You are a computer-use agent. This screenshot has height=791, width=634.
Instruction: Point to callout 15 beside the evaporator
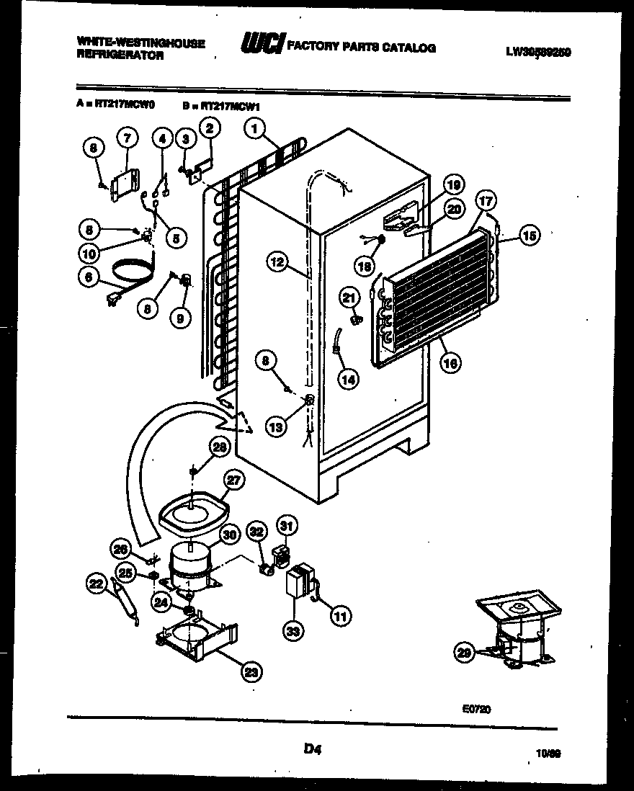pyautogui.click(x=530, y=235)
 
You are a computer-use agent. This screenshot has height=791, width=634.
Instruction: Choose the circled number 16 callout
pyautogui.click(x=450, y=363)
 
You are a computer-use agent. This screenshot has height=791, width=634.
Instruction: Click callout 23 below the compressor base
pyautogui.click(x=251, y=672)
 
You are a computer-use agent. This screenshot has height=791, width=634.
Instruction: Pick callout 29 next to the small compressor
pyautogui.click(x=465, y=653)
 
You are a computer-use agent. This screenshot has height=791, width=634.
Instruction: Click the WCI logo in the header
pyautogui.click(x=263, y=45)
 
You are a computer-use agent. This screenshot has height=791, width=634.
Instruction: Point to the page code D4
pyautogui.click(x=311, y=750)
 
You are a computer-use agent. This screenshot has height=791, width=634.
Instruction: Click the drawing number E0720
pyautogui.click(x=477, y=709)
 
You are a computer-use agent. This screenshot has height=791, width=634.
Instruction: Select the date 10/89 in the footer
pyautogui.click(x=550, y=753)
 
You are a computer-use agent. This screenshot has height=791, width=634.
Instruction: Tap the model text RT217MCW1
pyautogui.click(x=230, y=105)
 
